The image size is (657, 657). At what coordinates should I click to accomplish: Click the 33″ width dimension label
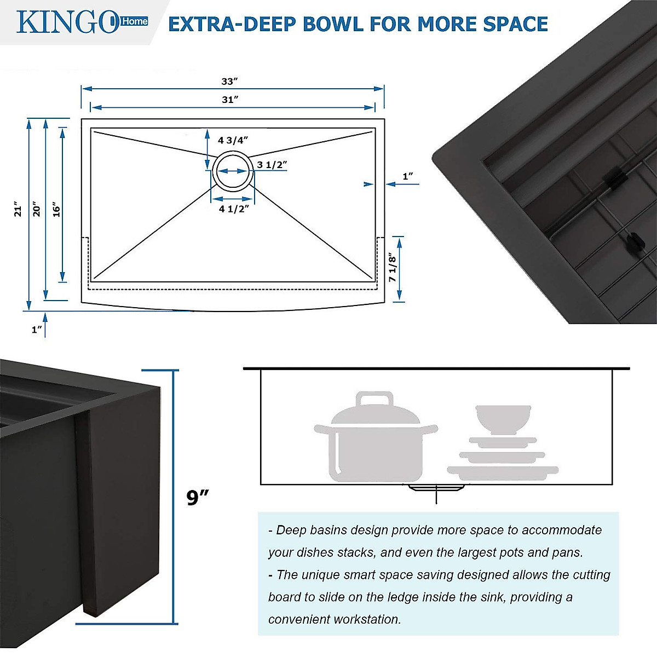click(229, 82)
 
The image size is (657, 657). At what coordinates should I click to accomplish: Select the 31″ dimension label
click(229, 100)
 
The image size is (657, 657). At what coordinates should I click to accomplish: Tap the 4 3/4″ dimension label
click(233, 141)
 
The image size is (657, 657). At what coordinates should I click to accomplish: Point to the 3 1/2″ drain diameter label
click(272, 165)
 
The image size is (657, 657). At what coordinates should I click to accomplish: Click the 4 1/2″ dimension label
click(234, 209)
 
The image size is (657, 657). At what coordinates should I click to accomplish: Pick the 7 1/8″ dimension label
click(392, 268)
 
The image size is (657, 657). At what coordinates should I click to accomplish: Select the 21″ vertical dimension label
click(18, 209)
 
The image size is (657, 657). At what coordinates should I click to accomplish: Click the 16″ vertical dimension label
click(56, 209)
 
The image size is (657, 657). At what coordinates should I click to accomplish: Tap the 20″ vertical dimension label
click(36, 209)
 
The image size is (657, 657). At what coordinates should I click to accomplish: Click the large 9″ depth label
click(198, 498)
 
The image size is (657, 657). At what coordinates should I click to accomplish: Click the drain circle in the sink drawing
click(233, 171)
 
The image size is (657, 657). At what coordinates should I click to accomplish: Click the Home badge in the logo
click(134, 21)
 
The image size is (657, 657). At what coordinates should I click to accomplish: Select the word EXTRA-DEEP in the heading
click(232, 25)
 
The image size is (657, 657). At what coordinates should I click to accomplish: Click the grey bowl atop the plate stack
click(503, 419)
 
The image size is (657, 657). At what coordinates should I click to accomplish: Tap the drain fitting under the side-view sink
click(436, 488)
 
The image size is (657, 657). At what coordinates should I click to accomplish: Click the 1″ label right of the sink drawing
click(408, 176)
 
